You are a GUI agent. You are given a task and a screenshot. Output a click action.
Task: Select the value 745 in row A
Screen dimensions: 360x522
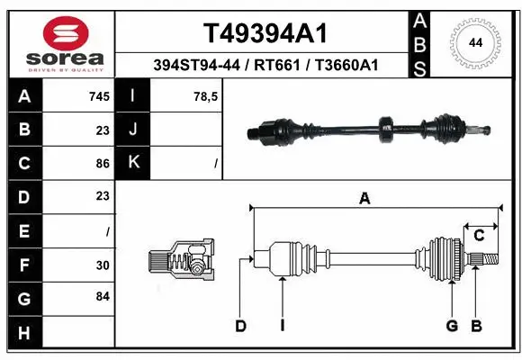(x=98, y=96)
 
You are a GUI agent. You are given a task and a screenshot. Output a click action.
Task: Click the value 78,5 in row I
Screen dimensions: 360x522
(x=202, y=96)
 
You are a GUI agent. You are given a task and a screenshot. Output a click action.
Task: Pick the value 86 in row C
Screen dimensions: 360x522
(x=102, y=164)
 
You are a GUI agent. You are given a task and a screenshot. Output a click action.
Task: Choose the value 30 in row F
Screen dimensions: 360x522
(x=102, y=265)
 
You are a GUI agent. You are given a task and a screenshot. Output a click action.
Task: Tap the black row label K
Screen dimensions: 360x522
(x=133, y=164)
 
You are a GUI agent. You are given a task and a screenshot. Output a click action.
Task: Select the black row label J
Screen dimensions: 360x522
(x=133, y=130)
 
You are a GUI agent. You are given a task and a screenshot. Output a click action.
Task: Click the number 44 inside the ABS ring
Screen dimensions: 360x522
(x=475, y=41)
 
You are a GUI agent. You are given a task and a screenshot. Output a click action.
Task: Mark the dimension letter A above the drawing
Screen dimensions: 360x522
(x=364, y=199)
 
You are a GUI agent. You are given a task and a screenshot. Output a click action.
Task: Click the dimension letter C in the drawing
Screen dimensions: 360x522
(x=480, y=236)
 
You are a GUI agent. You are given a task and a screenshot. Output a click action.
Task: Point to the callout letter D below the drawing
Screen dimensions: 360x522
(x=240, y=326)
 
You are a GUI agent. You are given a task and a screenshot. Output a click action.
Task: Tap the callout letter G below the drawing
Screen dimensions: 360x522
(x=452, y=326)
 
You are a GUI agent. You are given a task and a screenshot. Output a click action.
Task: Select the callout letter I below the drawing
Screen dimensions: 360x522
(x=282, y=326)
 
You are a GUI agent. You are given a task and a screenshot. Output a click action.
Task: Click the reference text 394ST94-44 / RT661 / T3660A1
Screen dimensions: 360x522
(x=263, y=65)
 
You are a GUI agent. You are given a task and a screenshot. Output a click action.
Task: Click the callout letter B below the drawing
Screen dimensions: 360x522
(x=476, y=326)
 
